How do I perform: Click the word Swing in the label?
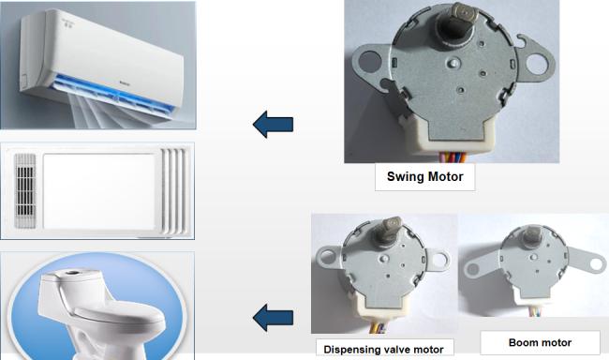point(404,177)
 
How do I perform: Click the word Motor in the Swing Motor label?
point(444,176)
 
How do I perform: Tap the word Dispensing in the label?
point(350,350)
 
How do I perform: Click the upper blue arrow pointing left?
point(273,124)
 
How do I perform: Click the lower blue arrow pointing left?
point(273,318)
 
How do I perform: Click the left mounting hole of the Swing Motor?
point(370,62)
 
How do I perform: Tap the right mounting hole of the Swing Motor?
point(536,64)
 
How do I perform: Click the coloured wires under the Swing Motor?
point(453,157)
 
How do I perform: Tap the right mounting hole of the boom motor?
point(596,264)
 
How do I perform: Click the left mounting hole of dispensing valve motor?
point(326,256)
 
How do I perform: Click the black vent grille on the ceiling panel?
point(25,191)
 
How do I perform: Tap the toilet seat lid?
point(116,309)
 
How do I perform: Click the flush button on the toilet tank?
point(73,273)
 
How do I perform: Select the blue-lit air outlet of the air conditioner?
point(113,95)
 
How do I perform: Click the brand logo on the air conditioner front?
point(125,82)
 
